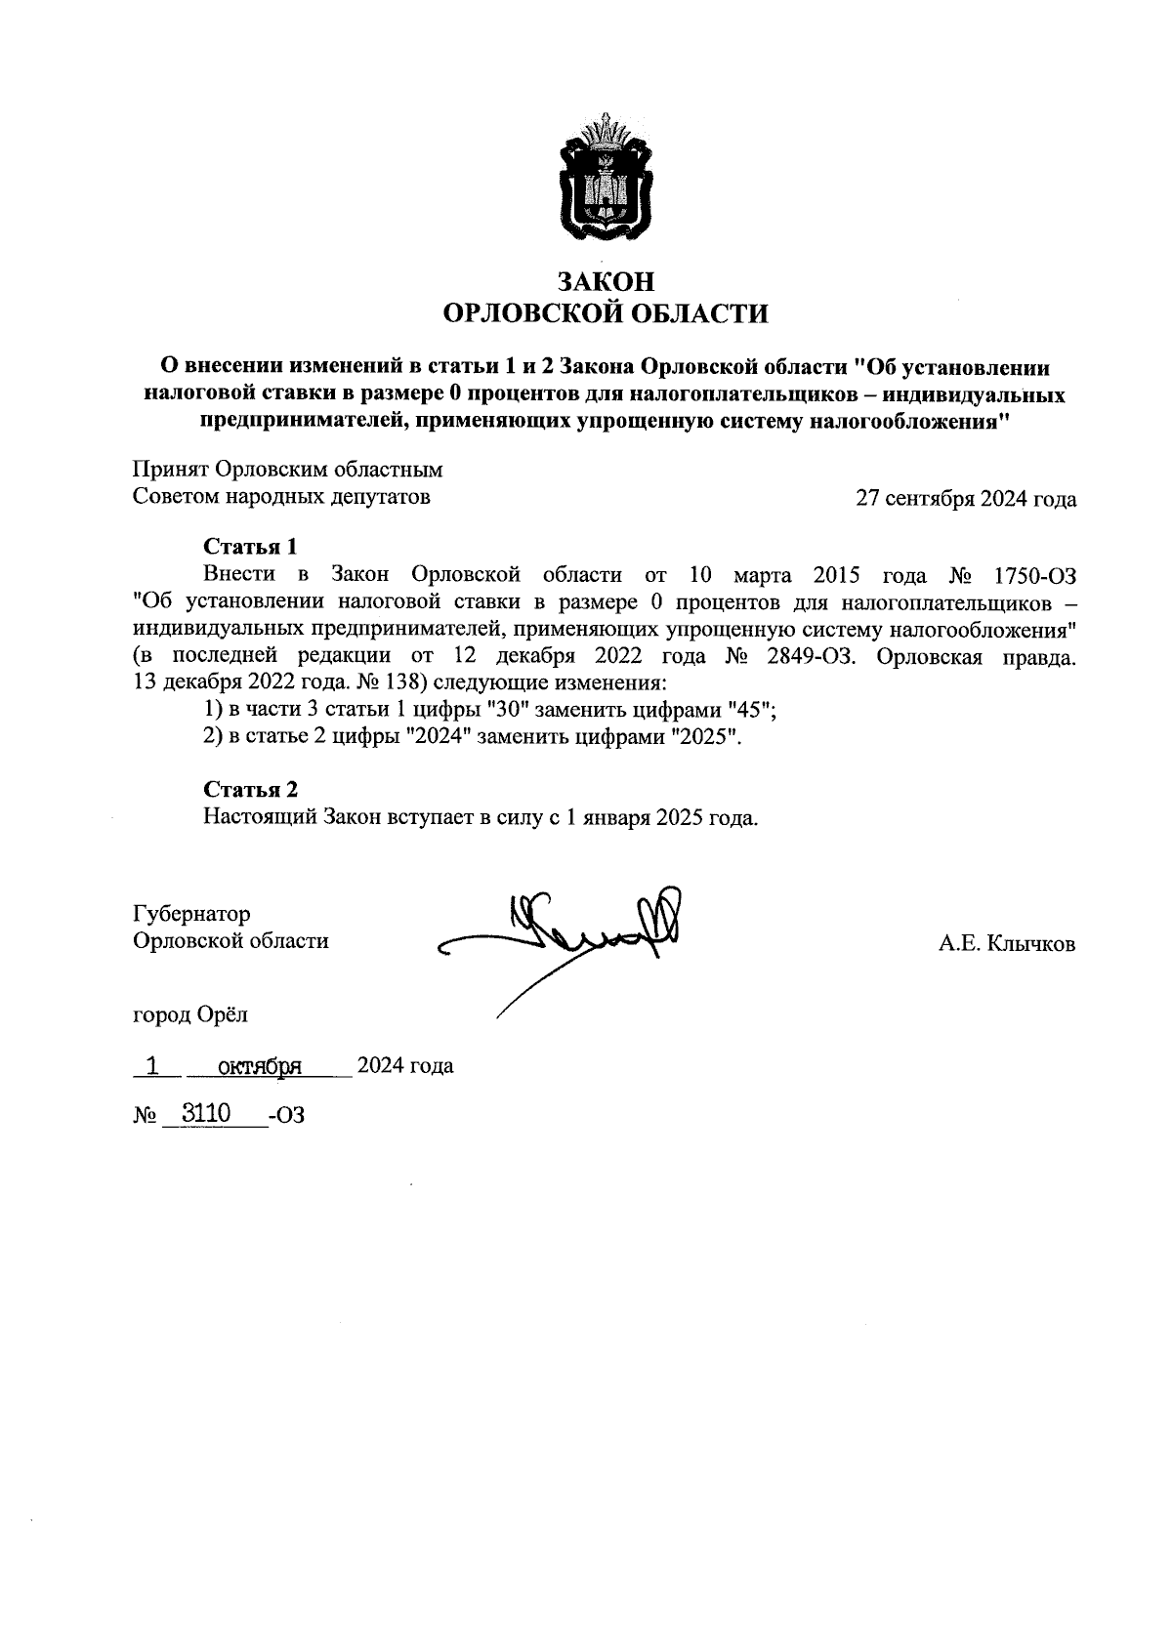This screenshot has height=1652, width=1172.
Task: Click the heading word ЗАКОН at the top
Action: point(605,282)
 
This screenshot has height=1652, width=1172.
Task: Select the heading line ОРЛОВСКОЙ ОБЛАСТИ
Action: point(605,313)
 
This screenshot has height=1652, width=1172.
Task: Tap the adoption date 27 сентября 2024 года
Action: point(965,499)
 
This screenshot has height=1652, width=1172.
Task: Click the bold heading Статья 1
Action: point(250,545)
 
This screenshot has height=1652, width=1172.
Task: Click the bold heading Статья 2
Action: point(250,789)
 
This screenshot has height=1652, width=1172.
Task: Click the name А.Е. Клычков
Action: point(1006,944)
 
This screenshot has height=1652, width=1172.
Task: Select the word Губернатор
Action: point(191,914)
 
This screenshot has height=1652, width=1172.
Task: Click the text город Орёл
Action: point(189,1014)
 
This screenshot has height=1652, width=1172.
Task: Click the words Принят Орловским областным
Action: point(287,470)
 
